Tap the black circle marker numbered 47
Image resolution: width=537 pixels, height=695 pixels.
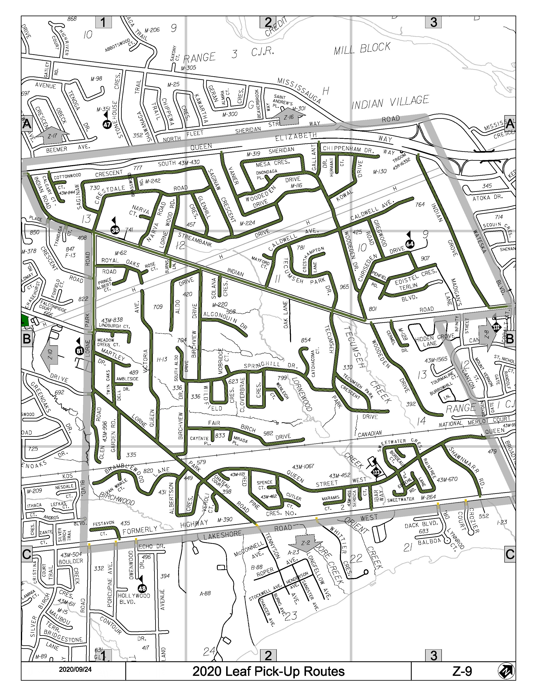[x=107, y=124]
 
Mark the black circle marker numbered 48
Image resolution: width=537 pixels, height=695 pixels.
[x=142, y=588]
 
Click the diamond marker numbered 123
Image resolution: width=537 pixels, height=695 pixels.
[x=376, y=472]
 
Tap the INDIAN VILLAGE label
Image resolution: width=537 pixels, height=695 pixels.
[x=390, y=103]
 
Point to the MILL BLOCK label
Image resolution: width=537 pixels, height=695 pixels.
[x=362, y=49]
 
